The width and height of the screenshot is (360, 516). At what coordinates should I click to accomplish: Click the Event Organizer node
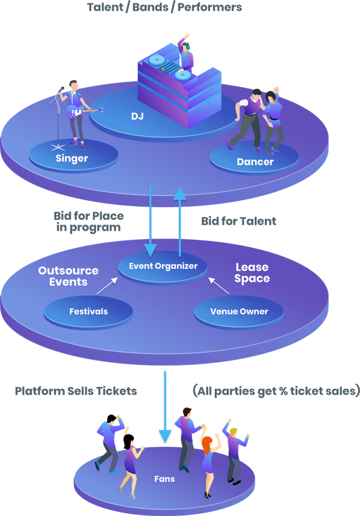point(163,266)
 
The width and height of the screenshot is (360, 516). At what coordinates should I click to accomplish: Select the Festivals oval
point(88,311)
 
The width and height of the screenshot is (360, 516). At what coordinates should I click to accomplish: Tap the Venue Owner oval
point(239,311)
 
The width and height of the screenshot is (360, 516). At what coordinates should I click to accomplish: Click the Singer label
point(72,158)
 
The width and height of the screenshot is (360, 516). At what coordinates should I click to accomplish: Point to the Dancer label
point(255,162)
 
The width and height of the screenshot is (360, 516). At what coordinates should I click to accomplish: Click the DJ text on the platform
point(138,116)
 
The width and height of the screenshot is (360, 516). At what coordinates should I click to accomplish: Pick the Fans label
point(165,479)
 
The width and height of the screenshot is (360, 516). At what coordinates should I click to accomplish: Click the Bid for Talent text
point(238,221)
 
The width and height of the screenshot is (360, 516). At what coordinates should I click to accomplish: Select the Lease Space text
point(252,273)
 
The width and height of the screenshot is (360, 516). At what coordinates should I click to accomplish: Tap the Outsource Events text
point(68,276)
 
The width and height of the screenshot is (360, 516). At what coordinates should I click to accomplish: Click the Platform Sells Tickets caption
point(76,391)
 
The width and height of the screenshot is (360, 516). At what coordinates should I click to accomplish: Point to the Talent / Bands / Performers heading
point(164,7)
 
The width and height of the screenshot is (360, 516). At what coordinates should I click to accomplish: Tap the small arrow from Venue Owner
point(219,286)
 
